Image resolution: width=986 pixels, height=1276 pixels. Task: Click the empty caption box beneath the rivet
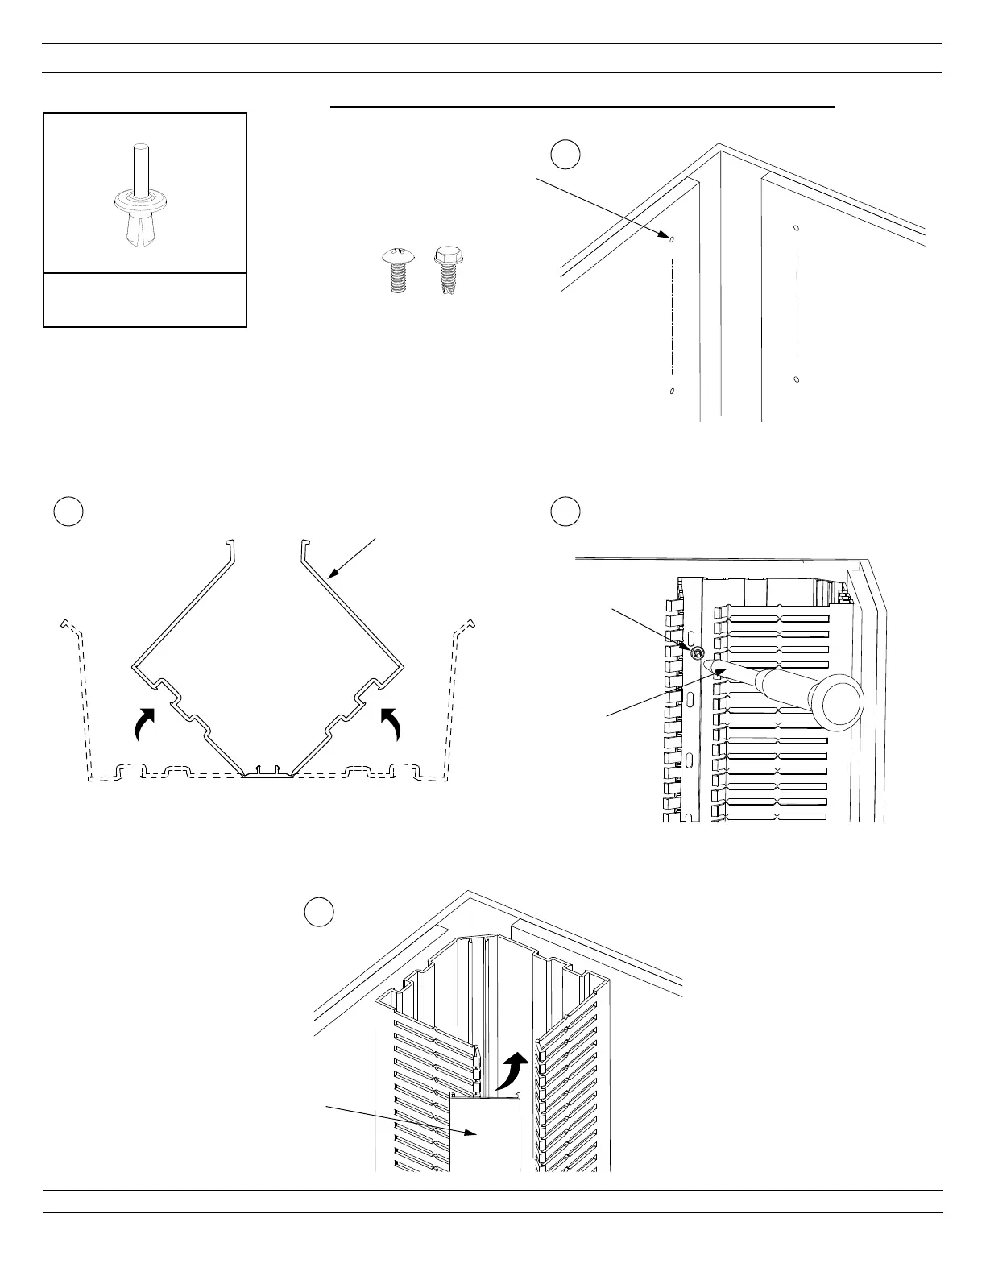coord(144,300)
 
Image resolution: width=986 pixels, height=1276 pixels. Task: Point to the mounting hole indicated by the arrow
coord(672,238)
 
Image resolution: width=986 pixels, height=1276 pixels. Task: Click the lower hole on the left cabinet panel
coord(672,391)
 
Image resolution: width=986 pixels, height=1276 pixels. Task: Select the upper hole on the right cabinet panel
coord(796,228)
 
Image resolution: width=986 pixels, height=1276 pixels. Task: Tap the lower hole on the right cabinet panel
coord(796,379)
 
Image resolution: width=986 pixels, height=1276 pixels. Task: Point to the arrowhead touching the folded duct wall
coord(331,576)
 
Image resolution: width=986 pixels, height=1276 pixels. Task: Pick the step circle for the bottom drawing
coord(320,911)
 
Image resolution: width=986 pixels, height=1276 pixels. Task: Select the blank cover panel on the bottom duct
coord(483,1136)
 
